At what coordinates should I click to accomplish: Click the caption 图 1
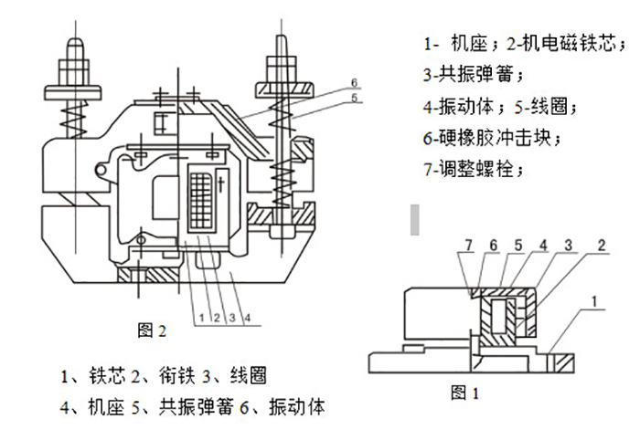(465, 394)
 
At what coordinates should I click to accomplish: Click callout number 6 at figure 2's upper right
(351, 83)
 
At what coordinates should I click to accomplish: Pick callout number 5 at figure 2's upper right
(351, 99)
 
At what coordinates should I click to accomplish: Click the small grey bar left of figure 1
(415, 218)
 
